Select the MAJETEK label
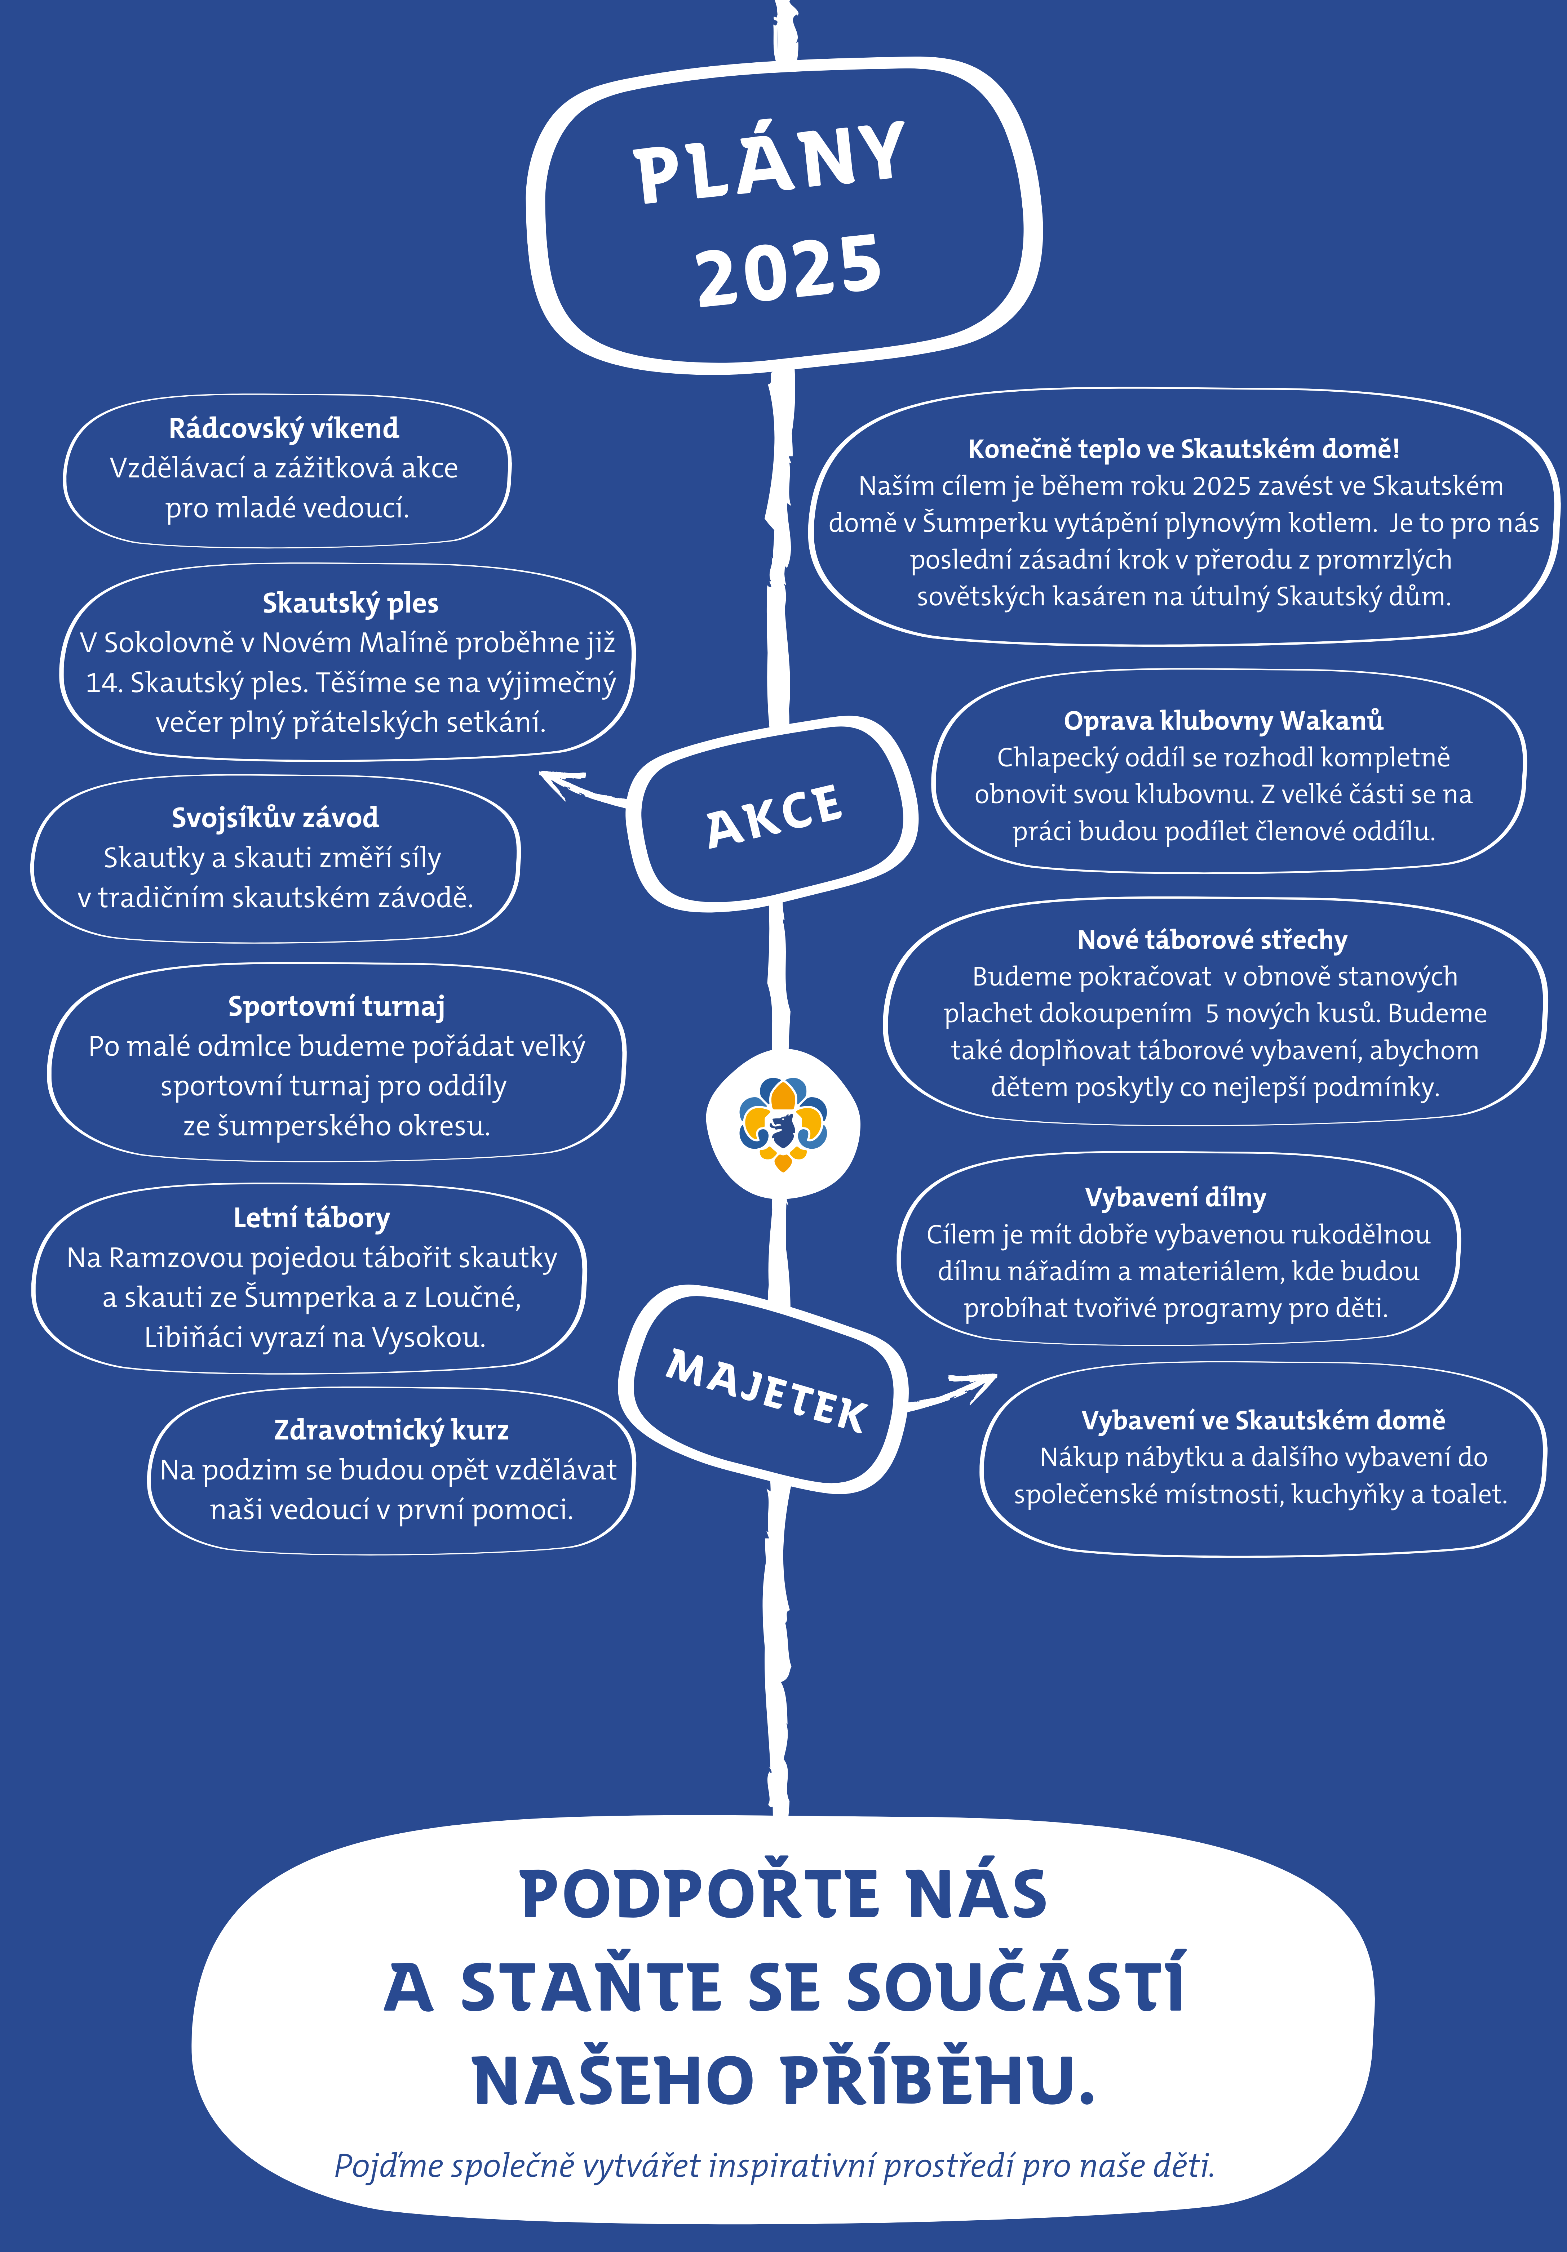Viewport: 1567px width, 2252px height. pyautogui.click(x=766, y=1391)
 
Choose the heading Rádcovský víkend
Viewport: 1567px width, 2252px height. pyautogui.click(x=284, y=429)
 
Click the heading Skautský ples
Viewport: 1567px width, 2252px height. pyautogui.click(x=350, y=603)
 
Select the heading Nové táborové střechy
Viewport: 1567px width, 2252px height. pyautogui.click(x=1213, y=940)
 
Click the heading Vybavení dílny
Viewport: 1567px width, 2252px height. pyautogui.click(x=1176, y=1198)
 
